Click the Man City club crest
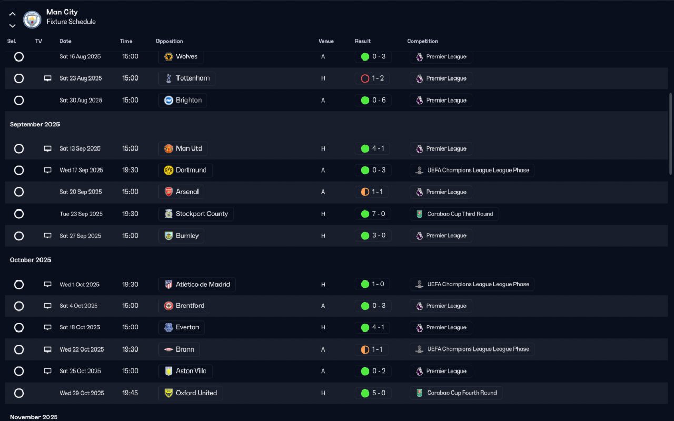pyautogui.click(x=32, y=19)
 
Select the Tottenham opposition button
pyautogui.click(x=187, y=78)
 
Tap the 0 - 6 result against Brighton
pyautogui.click(x=379, y=100)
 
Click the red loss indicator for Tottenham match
pyautogui.click(x=365, y=78)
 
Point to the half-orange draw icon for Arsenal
pyautogui.click(x=365, y=192)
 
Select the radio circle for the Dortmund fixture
pyautogui.click(x=19, y=170)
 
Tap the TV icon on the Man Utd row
pyautogui.click(x=47, y=148)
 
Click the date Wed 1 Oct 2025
pyautogui.click(x=79, y=285)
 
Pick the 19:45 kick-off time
pyautogui.click(x=130, y=393)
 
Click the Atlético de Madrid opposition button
pyautogui.click(x=197, y=285)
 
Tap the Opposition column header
pyautogui.click(x=169, y=41)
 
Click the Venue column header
pyautogui.click(x=326, y=41)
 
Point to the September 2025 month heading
pyautogui.click(x=35, y=125)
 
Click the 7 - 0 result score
pyautogui.click(x=379, y=214)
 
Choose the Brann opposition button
pyautogui.click(x=179, y=349)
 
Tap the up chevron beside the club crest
pyautogui.click(x=13, y=14)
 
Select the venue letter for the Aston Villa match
pyautogui.click(x=323, y=371)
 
